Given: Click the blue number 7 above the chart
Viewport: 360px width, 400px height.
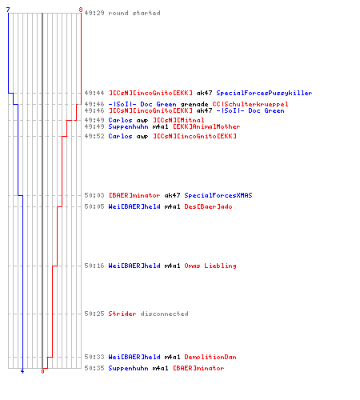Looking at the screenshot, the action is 8,10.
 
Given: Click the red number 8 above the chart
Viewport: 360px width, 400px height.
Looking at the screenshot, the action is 81,10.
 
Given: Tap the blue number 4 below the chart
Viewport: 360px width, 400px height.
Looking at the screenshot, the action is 22,371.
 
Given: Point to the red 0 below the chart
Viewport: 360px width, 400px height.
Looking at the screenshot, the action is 42,371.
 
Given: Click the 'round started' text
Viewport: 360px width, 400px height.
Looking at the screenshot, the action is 134,13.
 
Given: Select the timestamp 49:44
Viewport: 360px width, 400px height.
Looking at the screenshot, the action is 94,93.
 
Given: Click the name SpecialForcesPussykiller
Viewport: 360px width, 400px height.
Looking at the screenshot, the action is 264,93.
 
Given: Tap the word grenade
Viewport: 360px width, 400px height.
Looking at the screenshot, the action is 194,104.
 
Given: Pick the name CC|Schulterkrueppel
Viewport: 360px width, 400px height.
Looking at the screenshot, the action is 250,104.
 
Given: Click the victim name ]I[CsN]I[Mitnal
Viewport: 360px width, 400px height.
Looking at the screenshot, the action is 178,120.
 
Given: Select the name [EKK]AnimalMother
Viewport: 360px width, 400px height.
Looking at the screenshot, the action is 206,126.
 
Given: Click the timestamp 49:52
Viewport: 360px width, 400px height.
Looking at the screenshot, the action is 94,136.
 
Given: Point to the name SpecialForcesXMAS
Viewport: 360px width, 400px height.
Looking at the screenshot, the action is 218,195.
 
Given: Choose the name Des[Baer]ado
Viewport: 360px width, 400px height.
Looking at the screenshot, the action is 208,206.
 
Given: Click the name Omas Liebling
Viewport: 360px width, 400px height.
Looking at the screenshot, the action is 210,266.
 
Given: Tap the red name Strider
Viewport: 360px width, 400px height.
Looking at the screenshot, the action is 122,314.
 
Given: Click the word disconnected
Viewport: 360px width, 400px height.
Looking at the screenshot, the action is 164,314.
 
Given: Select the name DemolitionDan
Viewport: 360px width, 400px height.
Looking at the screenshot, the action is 210,357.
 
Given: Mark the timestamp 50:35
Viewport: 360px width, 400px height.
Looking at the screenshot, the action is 94,368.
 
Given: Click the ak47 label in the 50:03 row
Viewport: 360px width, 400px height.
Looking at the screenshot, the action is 172,195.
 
